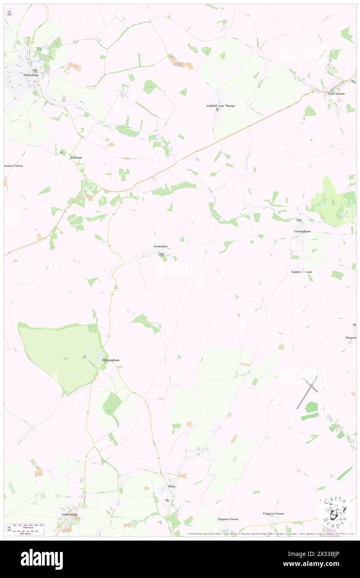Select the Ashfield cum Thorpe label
point(220,106)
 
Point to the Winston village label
point(76,158)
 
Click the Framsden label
point(160,246)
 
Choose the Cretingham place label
point(302,231)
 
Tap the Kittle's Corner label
point(301,272)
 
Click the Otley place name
point(172,486)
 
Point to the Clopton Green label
point(228,519)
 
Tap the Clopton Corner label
point(274,514)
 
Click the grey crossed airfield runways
point(308,391)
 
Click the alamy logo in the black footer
point(42,559)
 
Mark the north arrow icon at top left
point(10,13)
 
